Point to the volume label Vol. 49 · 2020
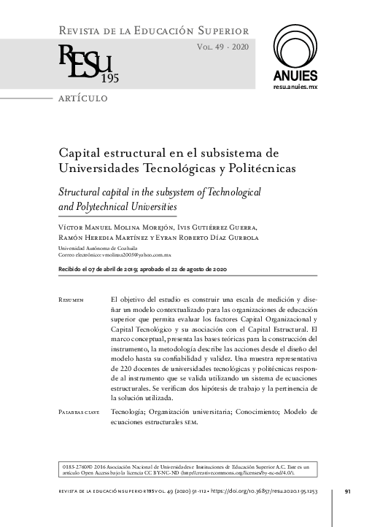click(222, 46)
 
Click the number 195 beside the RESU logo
click(110, 78)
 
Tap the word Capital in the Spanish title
click(81, 154)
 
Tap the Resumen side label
click(71, 300)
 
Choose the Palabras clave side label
click(78, 412)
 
